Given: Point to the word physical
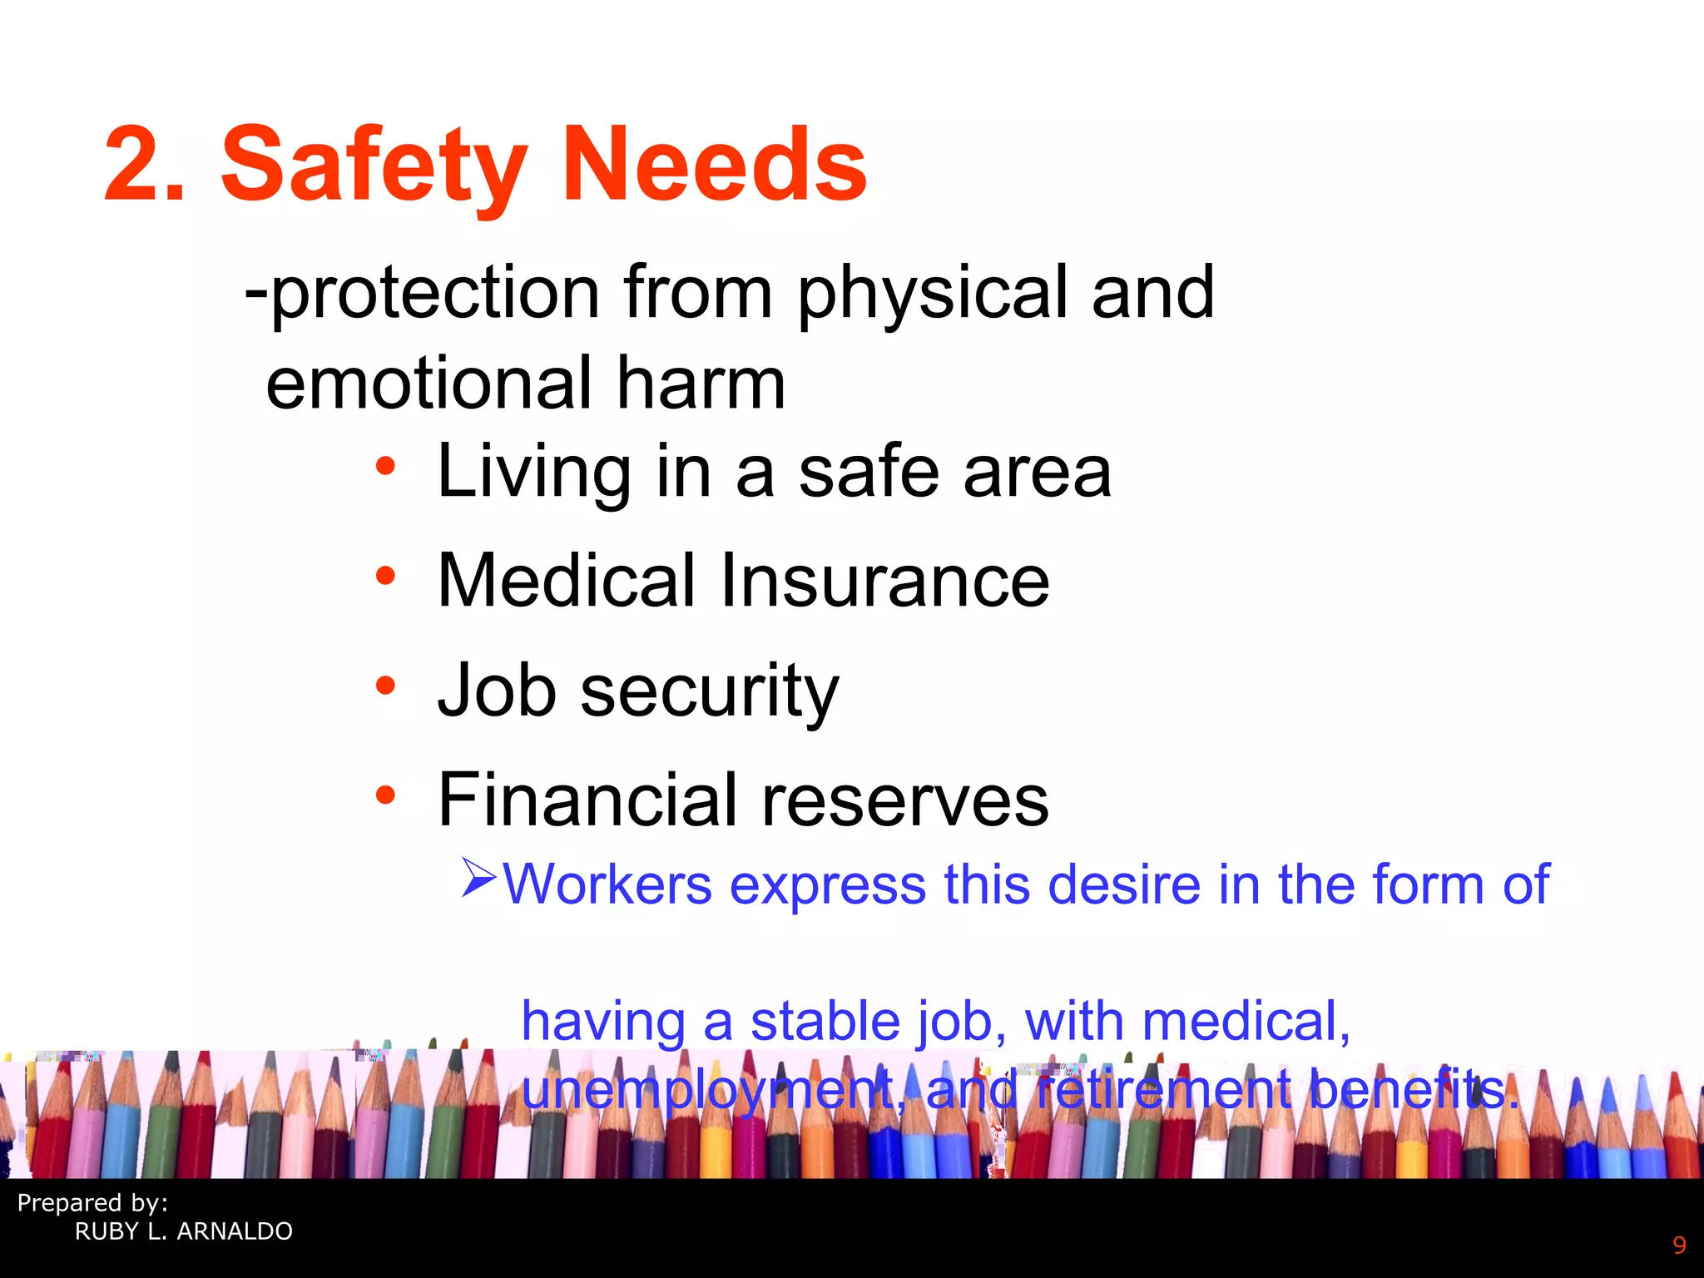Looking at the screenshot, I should point(932,293).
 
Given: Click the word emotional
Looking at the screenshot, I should point(428,384).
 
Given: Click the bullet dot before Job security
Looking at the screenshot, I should point(384,686).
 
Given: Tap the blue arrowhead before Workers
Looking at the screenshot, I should point(479,878).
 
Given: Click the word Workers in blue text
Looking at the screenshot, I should point(607,884).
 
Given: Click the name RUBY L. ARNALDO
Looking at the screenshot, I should point(184,1231).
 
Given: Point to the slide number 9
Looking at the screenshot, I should point(1679,1246).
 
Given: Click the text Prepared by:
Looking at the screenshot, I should point(92,1203).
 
